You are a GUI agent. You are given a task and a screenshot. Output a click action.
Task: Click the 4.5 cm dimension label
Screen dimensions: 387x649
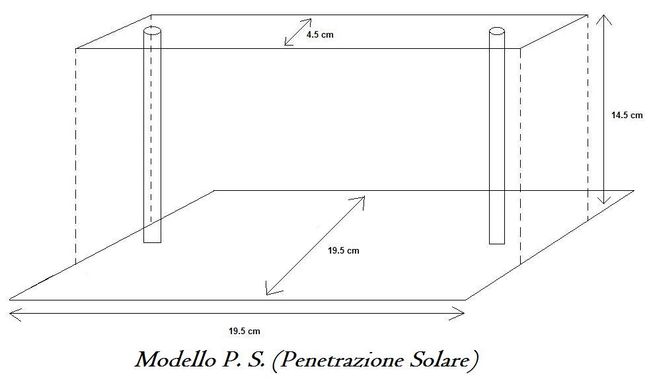(320, 34)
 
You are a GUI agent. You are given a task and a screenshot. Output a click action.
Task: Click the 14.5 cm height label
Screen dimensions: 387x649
(627, 115)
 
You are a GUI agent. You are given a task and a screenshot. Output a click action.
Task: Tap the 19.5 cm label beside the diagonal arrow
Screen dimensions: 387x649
(344, 250)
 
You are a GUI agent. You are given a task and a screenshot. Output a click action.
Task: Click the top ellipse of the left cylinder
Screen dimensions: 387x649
(152, 31)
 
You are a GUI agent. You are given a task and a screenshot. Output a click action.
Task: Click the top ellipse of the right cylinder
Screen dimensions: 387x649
(497, 31)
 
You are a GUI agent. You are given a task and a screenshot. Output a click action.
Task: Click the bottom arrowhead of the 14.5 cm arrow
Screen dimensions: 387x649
(602, 199)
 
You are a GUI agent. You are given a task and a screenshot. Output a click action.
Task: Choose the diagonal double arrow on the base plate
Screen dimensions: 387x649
(316, 245)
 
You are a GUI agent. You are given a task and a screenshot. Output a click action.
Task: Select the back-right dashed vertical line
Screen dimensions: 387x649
(588, 119)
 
